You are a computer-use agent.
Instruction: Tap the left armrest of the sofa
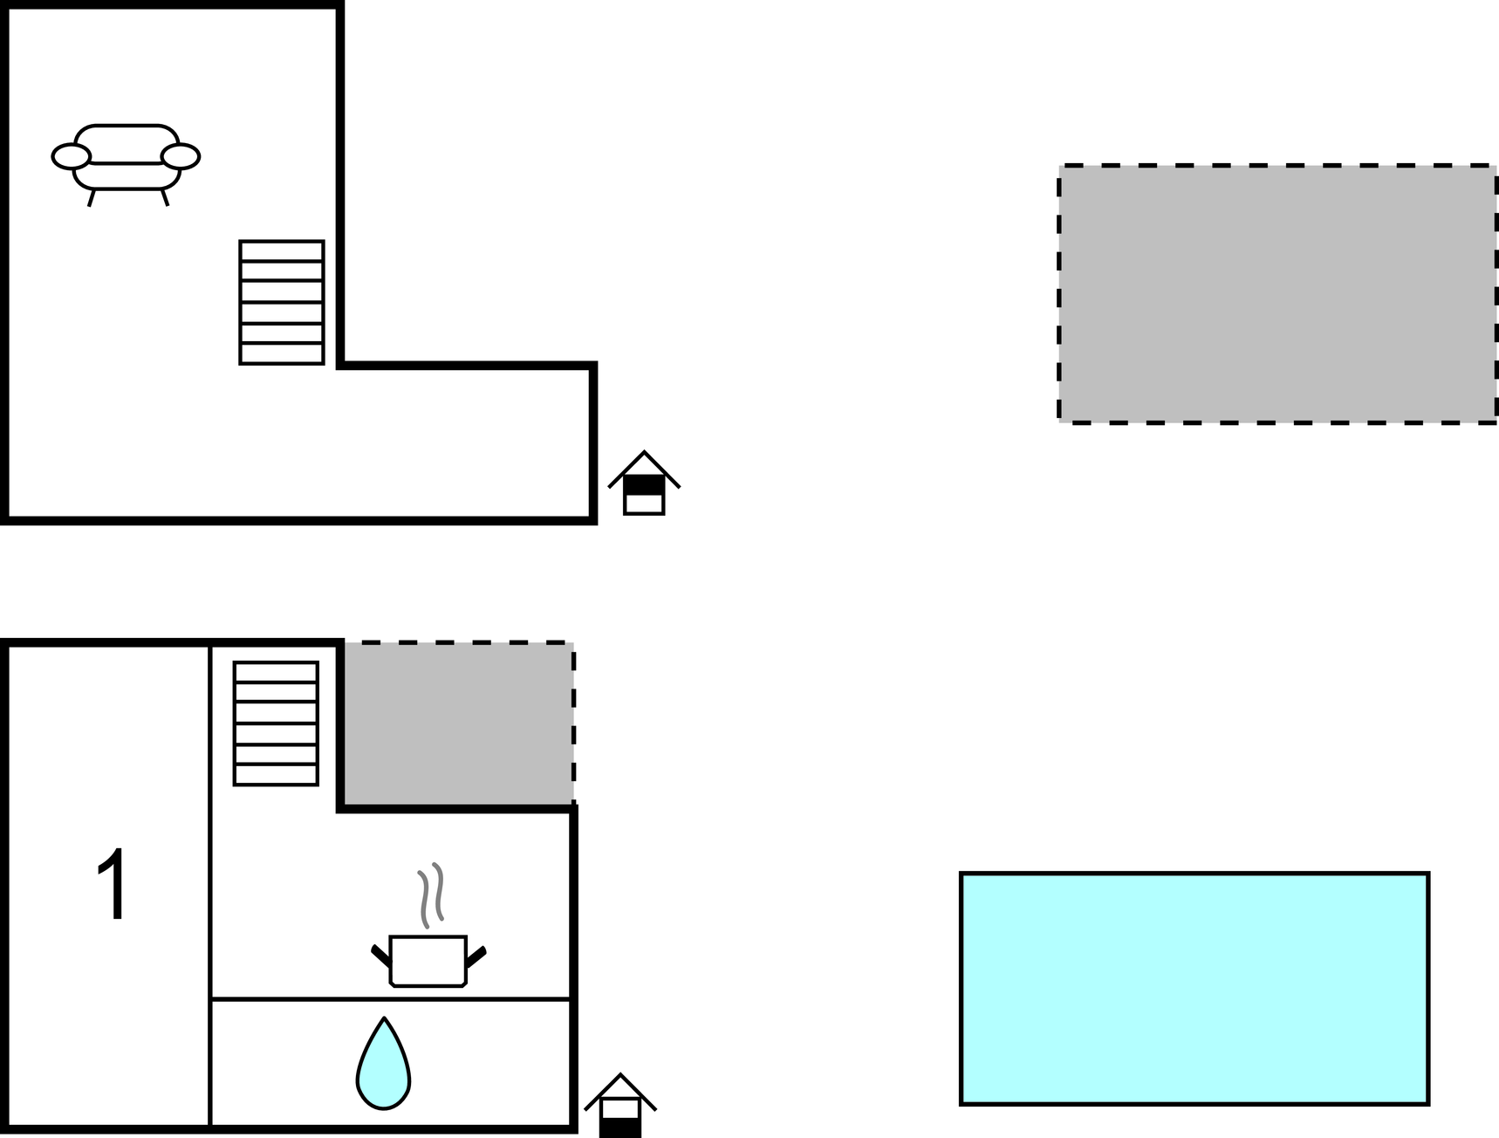[71, 156]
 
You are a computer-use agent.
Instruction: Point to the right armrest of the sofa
[181, 156]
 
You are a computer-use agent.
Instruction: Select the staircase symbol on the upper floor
[282, 302]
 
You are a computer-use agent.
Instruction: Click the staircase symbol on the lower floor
[276, 723]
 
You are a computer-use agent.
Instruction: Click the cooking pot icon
[428, 960]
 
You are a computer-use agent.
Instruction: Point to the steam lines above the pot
[430, 895]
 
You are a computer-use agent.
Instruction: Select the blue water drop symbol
[383, 1066]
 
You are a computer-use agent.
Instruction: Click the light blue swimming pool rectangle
[1194, 988]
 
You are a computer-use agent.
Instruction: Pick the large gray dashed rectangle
[1277, 293]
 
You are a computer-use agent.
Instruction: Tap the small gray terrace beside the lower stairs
[457, 723]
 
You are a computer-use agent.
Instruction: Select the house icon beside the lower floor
[620, 1106]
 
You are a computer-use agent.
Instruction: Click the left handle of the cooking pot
[380, 955]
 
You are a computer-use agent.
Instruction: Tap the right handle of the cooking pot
[476, 955]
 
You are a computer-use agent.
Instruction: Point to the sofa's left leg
[91, 197]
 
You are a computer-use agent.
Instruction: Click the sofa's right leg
[165, 197]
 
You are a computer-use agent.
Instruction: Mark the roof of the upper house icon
[644, 463]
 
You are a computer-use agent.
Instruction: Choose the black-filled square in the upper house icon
[644, 485]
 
